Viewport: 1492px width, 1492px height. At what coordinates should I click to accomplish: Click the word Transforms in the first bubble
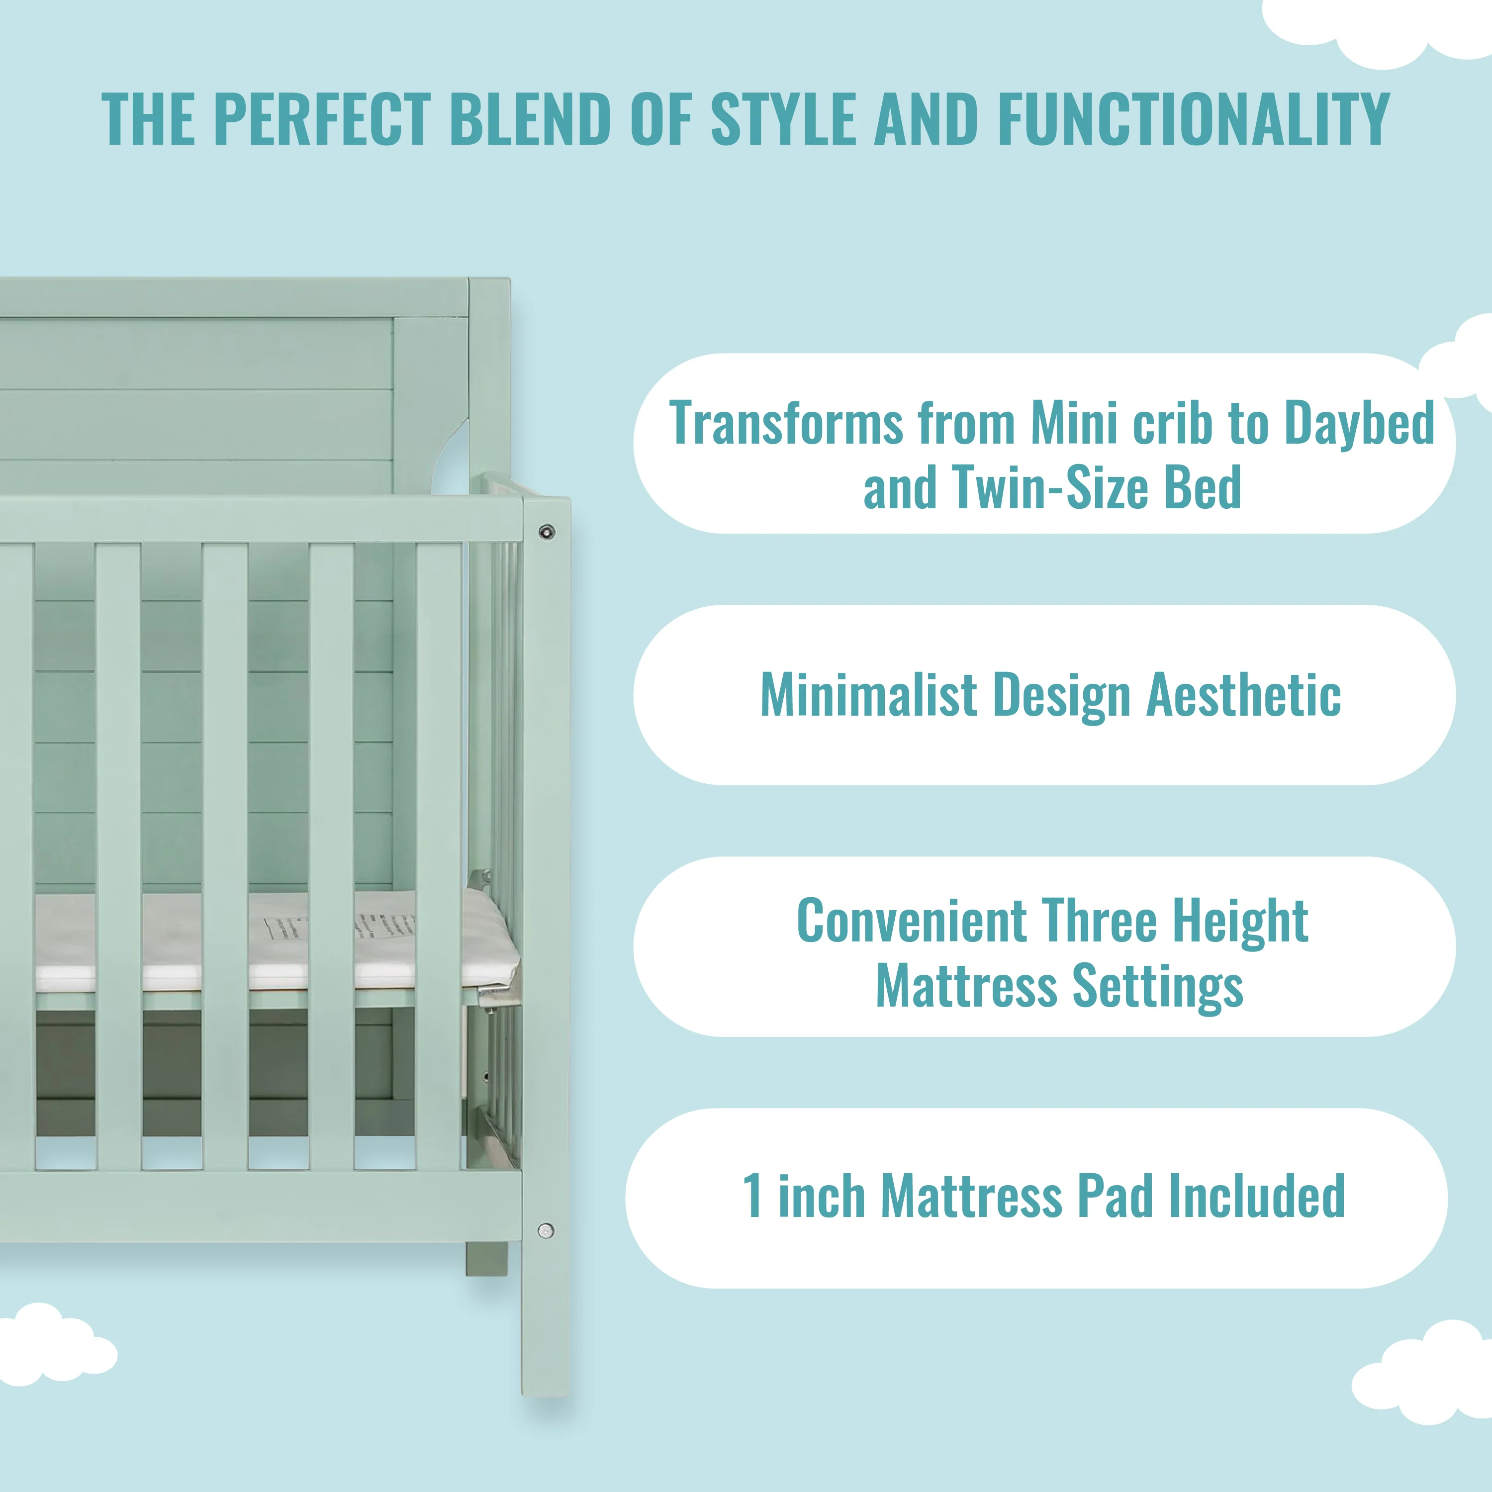[x=786, y=423]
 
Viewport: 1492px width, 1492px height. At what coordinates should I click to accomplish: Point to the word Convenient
[x=911, y=921]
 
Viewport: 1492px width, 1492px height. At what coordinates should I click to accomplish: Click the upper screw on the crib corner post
[x=547, y=531]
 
